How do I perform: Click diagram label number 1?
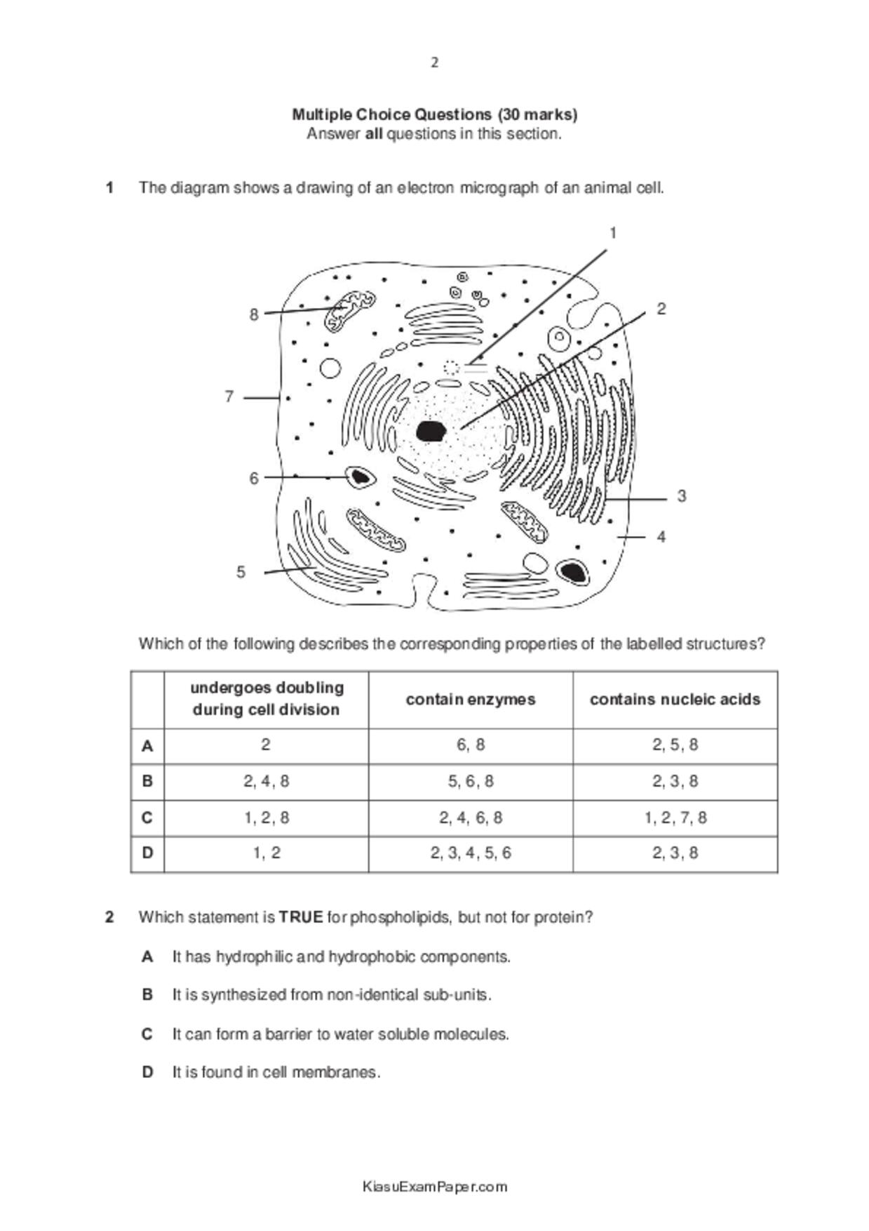612,233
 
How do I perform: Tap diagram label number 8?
254,314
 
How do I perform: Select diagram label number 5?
241,572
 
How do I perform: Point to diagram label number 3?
681,496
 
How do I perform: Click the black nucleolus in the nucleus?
431,431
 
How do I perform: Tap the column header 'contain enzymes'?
470,699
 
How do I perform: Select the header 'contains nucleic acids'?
675,699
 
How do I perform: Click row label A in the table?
147,745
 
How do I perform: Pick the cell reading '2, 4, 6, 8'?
470,818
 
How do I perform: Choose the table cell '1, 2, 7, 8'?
675,818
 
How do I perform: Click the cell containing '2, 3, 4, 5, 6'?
470,853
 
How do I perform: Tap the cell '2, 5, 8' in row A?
675,745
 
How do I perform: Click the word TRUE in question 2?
301,917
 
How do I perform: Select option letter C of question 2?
147,1034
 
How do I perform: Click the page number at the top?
434,62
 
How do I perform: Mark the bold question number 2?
109,917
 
